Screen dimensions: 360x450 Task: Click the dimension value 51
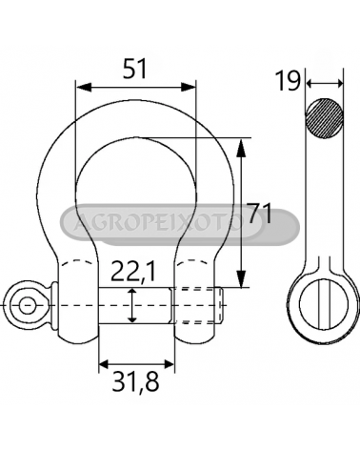pos(135,69)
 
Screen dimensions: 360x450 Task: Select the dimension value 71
pos(260,213)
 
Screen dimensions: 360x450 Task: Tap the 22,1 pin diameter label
pos(133,272)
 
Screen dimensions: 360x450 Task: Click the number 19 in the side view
pos(288,81)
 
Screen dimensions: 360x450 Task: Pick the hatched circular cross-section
pos(324,118)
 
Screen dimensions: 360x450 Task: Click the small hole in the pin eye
pos(27,305)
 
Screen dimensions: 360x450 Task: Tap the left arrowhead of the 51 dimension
pos(84,87)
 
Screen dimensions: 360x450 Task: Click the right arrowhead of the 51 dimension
pos(189,87)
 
